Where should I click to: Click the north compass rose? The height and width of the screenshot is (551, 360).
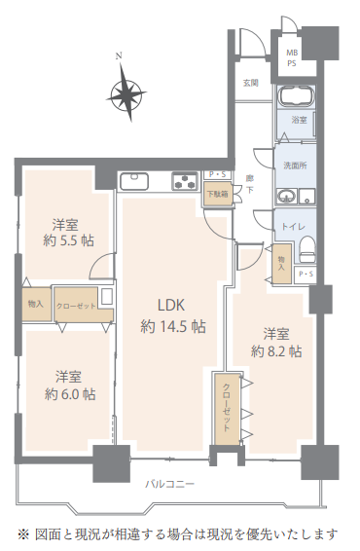pyautogui.click(x=126, y=93)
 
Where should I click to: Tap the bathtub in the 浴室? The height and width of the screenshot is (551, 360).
pyautogui.click(x=296, y=96)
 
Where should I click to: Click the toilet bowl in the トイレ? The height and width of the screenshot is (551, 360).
pyautogui.click(x=308, y=248)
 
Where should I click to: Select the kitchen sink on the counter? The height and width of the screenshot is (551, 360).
pyautogui.click(x=134, y=181)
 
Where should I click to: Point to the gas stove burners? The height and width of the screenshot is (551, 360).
pyautogui.click(x=185, y=181)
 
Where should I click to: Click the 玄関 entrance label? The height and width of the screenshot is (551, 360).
pyautogui.click(x=251, y=83)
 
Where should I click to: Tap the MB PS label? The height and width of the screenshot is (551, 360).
pyautogui.click(x=292, y=58)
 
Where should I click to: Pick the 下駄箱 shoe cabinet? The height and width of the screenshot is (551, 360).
pyautogui.click(x=218, y=194)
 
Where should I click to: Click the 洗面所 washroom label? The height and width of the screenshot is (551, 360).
pyautogui.click(x=295, y=165)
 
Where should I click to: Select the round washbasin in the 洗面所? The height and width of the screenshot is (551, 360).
pyautogui.click(x=286, y=196)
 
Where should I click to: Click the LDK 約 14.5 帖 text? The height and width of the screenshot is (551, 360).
pyautogui.click(x=172, y=316)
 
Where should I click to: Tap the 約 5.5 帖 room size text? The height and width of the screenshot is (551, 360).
pyautogui.click(x=69, y=240)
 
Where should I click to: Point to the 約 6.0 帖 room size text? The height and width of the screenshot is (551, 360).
pyautogui.click(x=70, y=394)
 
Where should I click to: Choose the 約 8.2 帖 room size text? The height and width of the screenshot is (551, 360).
pyautogui.click(x=276, y=351)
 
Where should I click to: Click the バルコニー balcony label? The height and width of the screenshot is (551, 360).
pyautogui.click(x=169, y=484)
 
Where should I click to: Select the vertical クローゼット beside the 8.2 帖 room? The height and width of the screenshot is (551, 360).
pyautogui.click(x=227, y=408)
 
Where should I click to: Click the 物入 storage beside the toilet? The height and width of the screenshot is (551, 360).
pyautogui.click(x=282, y=264)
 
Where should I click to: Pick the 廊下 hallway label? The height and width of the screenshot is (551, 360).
pyautogui.click(x=250, y=184)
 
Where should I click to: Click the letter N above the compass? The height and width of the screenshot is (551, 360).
pyautogui.click(x=119, y=55)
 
